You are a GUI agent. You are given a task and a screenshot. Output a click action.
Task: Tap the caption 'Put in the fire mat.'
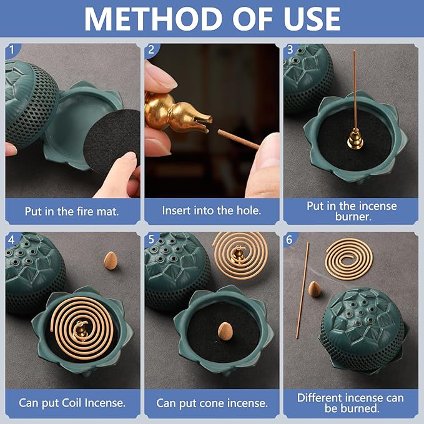tap(72, 211)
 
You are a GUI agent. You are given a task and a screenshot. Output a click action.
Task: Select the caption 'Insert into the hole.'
tap(212, 211)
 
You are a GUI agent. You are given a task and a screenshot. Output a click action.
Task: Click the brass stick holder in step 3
tap(354, 141)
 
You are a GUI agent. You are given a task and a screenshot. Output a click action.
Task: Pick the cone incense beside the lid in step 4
tap(111, 258)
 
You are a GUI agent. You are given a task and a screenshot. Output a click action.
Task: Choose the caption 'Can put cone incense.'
tap(212, 403)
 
